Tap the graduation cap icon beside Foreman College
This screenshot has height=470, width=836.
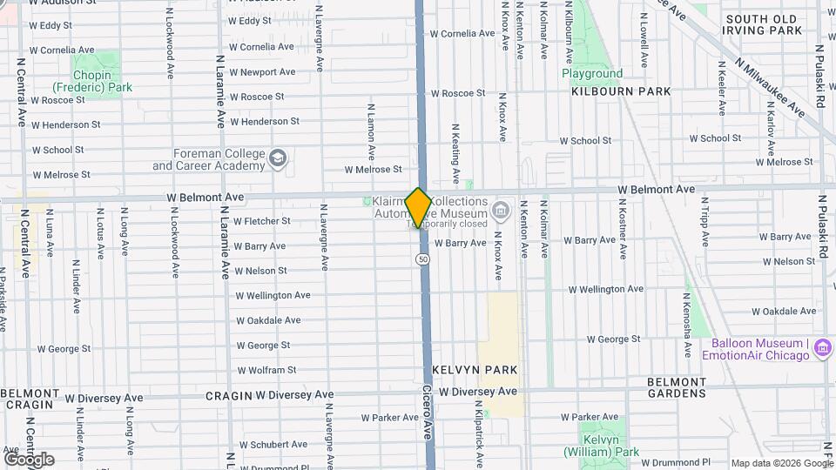tap(278, 158)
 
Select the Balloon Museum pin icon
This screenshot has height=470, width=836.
tap(820, 349)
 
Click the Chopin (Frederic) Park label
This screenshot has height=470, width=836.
tap(91, 81)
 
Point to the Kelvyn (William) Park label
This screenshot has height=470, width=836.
tap(601, 446)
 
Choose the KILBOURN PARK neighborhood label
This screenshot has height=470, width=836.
tap(621, 91)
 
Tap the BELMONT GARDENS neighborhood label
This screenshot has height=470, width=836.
tap(677, 387)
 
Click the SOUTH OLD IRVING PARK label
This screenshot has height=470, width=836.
tap(762, 24)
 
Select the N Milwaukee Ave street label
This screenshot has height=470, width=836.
tap(771, 84)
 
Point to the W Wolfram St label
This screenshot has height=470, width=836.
tap(266, 370)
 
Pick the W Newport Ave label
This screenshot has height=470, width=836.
tap(262, 72)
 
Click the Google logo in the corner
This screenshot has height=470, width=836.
tap(29, 459)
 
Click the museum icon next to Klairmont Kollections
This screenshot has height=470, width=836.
tap(500, 209)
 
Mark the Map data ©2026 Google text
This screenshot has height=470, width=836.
tap(781, 463)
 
